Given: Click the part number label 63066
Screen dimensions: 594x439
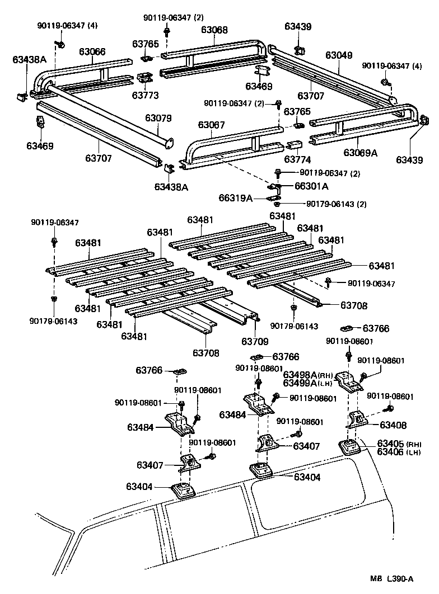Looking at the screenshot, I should point(92,52).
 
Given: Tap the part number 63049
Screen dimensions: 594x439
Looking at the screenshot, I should point(339,55).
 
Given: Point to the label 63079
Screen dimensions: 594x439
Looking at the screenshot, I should point(158,118).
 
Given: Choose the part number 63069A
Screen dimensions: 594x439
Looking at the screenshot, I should point(361,152).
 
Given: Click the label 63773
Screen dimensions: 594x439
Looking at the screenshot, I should point(146,96).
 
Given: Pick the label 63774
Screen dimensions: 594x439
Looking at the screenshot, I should point(298,159).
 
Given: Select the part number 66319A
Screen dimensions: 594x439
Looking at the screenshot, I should point(236,198).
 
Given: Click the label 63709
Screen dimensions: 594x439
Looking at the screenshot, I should point(255,341).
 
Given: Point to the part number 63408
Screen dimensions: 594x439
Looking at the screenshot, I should point(393,425).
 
